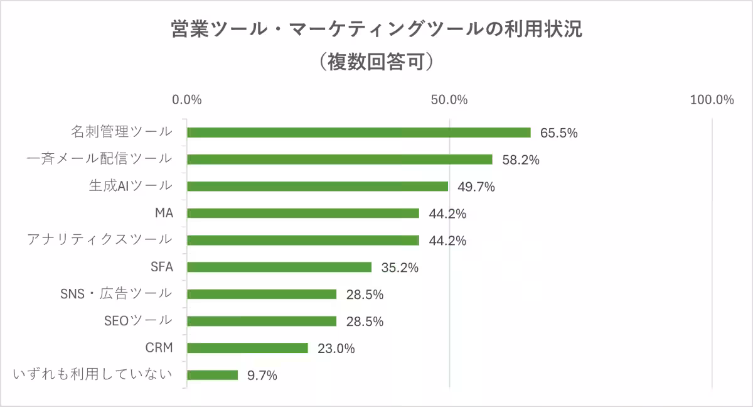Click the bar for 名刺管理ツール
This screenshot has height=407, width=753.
(359, 133)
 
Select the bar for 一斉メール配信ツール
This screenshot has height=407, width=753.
(339, 160)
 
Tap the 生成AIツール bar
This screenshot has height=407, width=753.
(318, 187)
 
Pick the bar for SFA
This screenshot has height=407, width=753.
(279, 267)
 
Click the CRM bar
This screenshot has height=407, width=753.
(247, 348)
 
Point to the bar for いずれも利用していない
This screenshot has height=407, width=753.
(213, 375)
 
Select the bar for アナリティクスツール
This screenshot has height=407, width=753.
(303, 240)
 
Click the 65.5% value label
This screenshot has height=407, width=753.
(558, 133)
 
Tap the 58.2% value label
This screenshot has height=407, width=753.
(521, 160)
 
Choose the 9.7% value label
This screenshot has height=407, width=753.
(262, 376)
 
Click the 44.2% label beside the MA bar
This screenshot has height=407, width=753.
(447, 214)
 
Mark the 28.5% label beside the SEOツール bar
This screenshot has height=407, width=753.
(365, 322)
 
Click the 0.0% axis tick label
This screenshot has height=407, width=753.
(187, 100)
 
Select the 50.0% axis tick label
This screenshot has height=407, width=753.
(449, 100)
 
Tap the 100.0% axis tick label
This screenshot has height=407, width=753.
(712, 100)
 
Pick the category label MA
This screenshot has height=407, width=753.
(164, 213)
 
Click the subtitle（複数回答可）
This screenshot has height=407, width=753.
(376, 62)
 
